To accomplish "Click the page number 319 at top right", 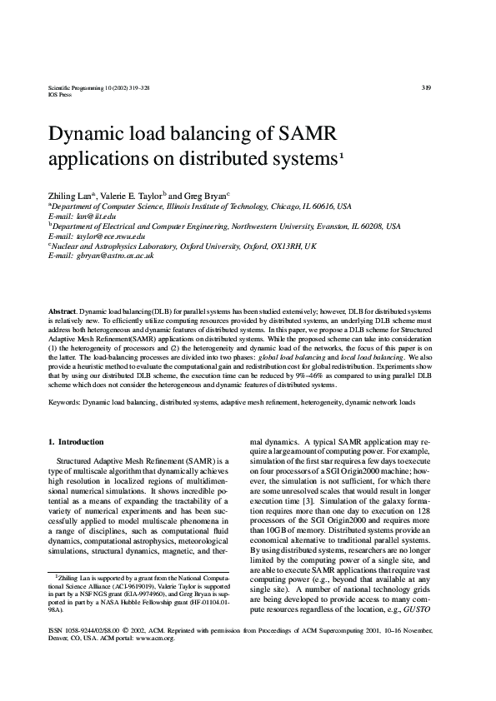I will pyautogui.click(x=426, y=87).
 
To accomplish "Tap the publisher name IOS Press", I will pyautogui.click(x=61, y=95).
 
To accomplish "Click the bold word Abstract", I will pyautogui.click(x=63, y=311).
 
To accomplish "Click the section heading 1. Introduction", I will pyautogui.click(x=76, y=441).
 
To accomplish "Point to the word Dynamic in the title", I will pyautogui.click(x=87, y=134).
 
